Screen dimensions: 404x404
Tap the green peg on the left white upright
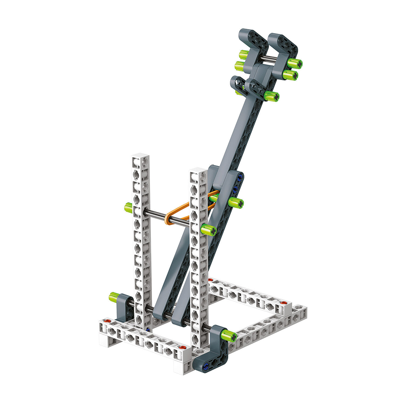[x=129, y=208]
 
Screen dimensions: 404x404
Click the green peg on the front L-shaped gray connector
[x=228, y=335]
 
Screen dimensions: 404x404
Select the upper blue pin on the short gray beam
[x=241, y=177]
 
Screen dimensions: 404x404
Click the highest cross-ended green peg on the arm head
[x=295, y=63]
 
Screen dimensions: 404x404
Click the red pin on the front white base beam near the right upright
[x=183, y=347]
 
